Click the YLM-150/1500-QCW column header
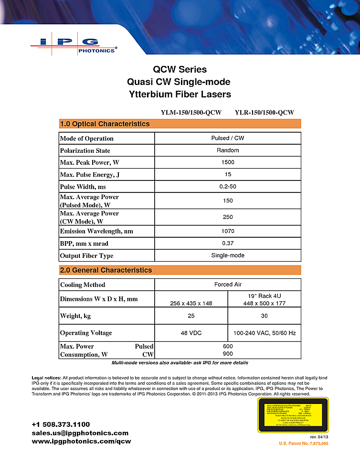tap(191, 113)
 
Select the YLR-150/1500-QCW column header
tap(264, 113)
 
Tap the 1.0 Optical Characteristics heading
tap(105, 124)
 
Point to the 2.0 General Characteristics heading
tap(106, 270)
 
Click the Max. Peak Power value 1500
tap(228, 162)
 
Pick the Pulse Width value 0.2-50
tap(228, 187)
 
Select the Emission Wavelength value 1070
tap(228, 231)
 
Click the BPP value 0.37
tap(228, 243)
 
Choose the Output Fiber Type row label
tap(86, 255)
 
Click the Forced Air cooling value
tap(228, 285)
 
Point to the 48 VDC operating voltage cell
tap(191, 333)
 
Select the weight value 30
tap(265, 316)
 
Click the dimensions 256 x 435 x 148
tap(191, 303)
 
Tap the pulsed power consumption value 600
tap(228, 346)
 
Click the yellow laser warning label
tap(293, 414)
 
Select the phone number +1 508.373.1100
tap(61, 424)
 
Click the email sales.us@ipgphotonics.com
tap(80, 433)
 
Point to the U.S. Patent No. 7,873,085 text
tap(304, 444)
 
